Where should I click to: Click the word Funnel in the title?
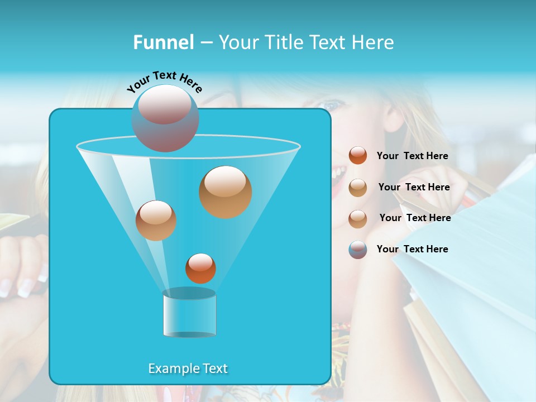pyautogui.click(x=163, y=42)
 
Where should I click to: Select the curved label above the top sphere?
pyautogui.click(x=165, y=82)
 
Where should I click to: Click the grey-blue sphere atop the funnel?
pyautogui.click(x=165, y=118)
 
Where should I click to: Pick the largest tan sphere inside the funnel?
pyautogui.click(x=225, y=192)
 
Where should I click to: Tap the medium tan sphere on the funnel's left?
pyautogui.click(x=156, y=221)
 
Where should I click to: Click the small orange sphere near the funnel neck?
pyautogui.click(x=200, y=268)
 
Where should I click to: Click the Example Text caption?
pyautogui.click(x=188, y=368)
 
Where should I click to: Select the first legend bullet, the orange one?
pyautogui.click(x=358, y=156)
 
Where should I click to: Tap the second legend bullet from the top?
pyautogui.click(x=358, y=188)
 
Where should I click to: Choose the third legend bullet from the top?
pyautogui.click(x=358, y=218)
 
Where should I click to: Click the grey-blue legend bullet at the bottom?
pyautogui.click(x=358, y=250)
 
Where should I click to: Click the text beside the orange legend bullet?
pyautogui.click(x=412, y=156)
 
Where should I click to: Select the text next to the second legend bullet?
pyautogui.click(x=414, y=188)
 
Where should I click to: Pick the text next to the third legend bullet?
pyautogui.click(x=415, y=218)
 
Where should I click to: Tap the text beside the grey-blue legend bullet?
pyautogui.click(x=412, y=250)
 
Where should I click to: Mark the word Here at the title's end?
pyautogui.click(x=374, y=42)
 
